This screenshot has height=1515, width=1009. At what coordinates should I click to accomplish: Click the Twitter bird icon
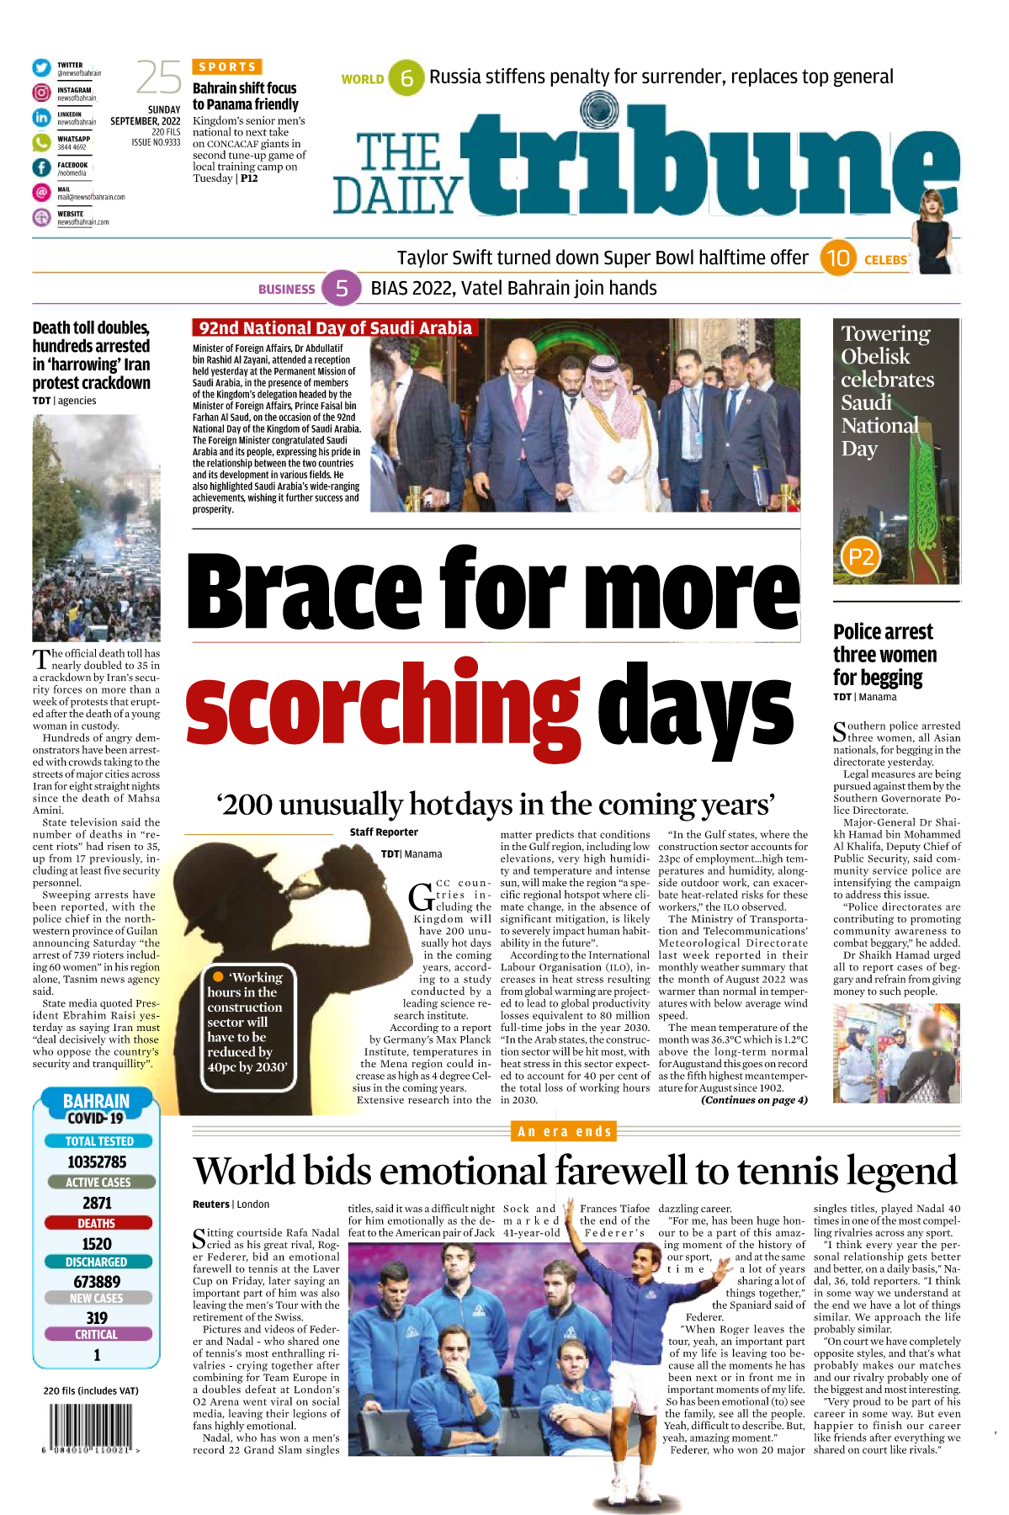click(41, 68)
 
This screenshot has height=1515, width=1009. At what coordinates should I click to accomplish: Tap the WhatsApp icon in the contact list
click(41, 142)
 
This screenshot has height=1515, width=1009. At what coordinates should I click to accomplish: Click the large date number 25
click(158, 78)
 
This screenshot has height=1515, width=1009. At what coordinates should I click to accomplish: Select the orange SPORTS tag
click(227, 66)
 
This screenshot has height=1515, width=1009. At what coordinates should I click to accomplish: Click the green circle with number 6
click(406, 78)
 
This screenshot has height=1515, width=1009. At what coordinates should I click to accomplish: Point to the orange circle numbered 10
click(837, 258)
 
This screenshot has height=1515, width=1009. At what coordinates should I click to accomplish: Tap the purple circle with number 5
click(341, 289)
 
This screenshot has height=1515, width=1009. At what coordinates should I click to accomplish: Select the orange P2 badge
click(860, 556)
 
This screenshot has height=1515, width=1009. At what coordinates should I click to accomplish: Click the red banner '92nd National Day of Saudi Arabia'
click(335, 328)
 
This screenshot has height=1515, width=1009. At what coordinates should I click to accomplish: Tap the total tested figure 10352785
click(97, 1162)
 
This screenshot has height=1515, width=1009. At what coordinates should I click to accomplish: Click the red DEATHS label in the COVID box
click(97, 1223)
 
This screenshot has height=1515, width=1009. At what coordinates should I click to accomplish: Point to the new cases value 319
click(97, 1317)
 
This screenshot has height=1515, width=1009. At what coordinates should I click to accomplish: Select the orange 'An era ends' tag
click(565, 1131)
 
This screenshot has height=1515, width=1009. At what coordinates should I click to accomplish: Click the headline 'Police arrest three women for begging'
click(884, 655)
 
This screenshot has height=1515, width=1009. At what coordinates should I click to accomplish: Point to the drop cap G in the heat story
click(421, 897)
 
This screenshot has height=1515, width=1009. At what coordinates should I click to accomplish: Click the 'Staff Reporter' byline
click(384, 832)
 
